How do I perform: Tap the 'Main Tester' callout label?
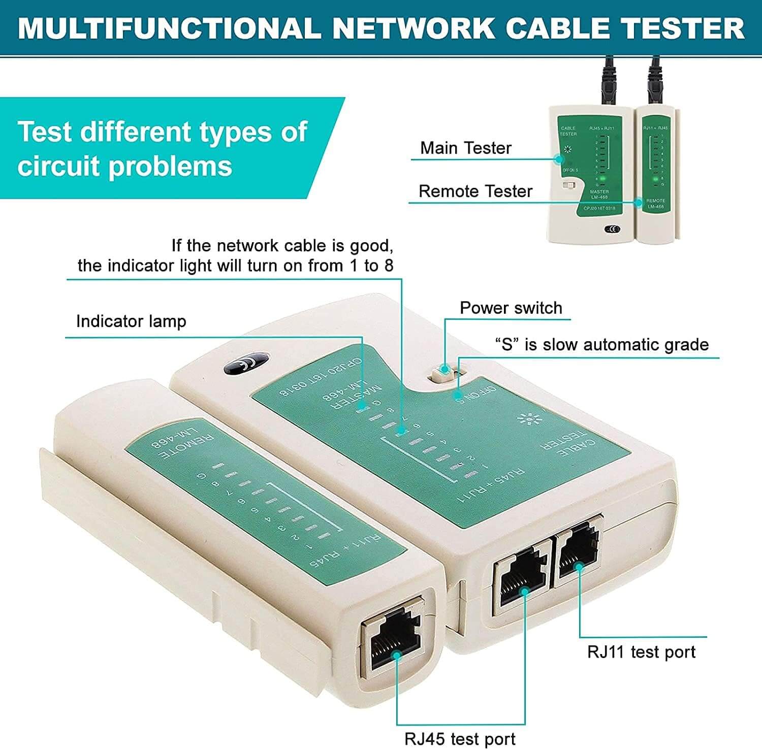point(465,148)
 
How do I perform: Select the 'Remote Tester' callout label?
point(475,191)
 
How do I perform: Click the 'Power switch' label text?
point(511,308)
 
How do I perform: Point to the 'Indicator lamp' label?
point(131,321)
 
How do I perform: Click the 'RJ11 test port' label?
point(641,652)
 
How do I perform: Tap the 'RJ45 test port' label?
point(460,739)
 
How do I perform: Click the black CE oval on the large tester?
point(245,363)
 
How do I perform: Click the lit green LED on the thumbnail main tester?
point(602,179)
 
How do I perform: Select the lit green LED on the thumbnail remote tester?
point(656,179)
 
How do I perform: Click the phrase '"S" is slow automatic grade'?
point(601,345)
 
